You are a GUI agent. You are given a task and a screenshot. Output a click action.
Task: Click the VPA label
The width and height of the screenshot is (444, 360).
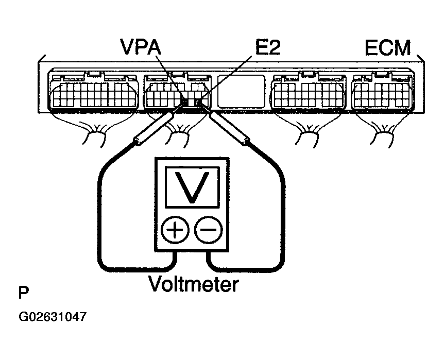141,47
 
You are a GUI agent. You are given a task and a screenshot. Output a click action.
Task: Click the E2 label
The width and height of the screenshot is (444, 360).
268,47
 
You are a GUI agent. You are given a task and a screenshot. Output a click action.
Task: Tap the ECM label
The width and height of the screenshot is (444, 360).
388,48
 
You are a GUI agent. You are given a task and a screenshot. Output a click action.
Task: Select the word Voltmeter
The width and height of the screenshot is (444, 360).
194,284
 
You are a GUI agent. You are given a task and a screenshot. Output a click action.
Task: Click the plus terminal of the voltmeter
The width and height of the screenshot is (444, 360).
175,230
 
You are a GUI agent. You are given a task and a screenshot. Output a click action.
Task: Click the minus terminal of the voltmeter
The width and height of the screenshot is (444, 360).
209,230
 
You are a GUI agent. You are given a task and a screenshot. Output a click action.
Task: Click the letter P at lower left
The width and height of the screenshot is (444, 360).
24,293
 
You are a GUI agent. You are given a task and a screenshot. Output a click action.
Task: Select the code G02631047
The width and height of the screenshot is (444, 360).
52,317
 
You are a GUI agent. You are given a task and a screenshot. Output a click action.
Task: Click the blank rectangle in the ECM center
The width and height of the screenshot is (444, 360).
241,91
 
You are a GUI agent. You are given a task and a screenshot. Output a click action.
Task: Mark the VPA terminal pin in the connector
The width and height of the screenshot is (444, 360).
185,102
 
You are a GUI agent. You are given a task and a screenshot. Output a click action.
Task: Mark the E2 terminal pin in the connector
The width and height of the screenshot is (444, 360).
198,102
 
